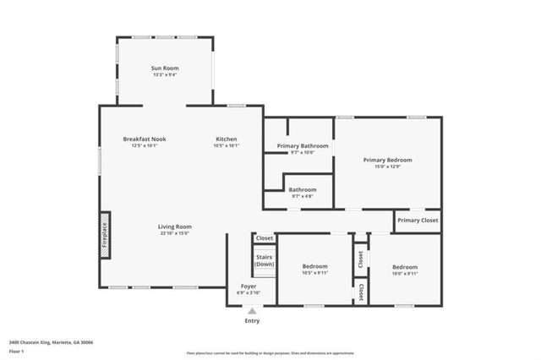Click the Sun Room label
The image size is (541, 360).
click(165, 68)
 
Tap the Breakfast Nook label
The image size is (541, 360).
click(144, 139)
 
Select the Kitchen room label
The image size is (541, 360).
click(226, 139)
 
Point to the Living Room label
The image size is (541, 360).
click(175, 226)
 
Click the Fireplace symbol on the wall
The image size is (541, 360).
click(105, 231)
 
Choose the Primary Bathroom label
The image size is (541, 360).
click(303, 146)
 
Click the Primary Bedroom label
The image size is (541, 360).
click(387, 160)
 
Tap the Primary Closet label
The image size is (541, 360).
click(418, 221)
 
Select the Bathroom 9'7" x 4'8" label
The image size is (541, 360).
click(302, 190)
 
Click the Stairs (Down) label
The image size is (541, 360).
click(265, 260)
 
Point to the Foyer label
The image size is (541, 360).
click(249, 286)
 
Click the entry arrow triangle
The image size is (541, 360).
click(252, 311)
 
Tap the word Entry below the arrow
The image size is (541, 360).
click(252, 321)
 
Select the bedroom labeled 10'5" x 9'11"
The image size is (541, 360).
click(314, 270)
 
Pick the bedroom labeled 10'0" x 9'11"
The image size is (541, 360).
click(404, 270)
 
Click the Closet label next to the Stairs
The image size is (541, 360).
click(265, 238)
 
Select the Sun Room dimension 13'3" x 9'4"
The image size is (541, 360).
click(165, 75)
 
